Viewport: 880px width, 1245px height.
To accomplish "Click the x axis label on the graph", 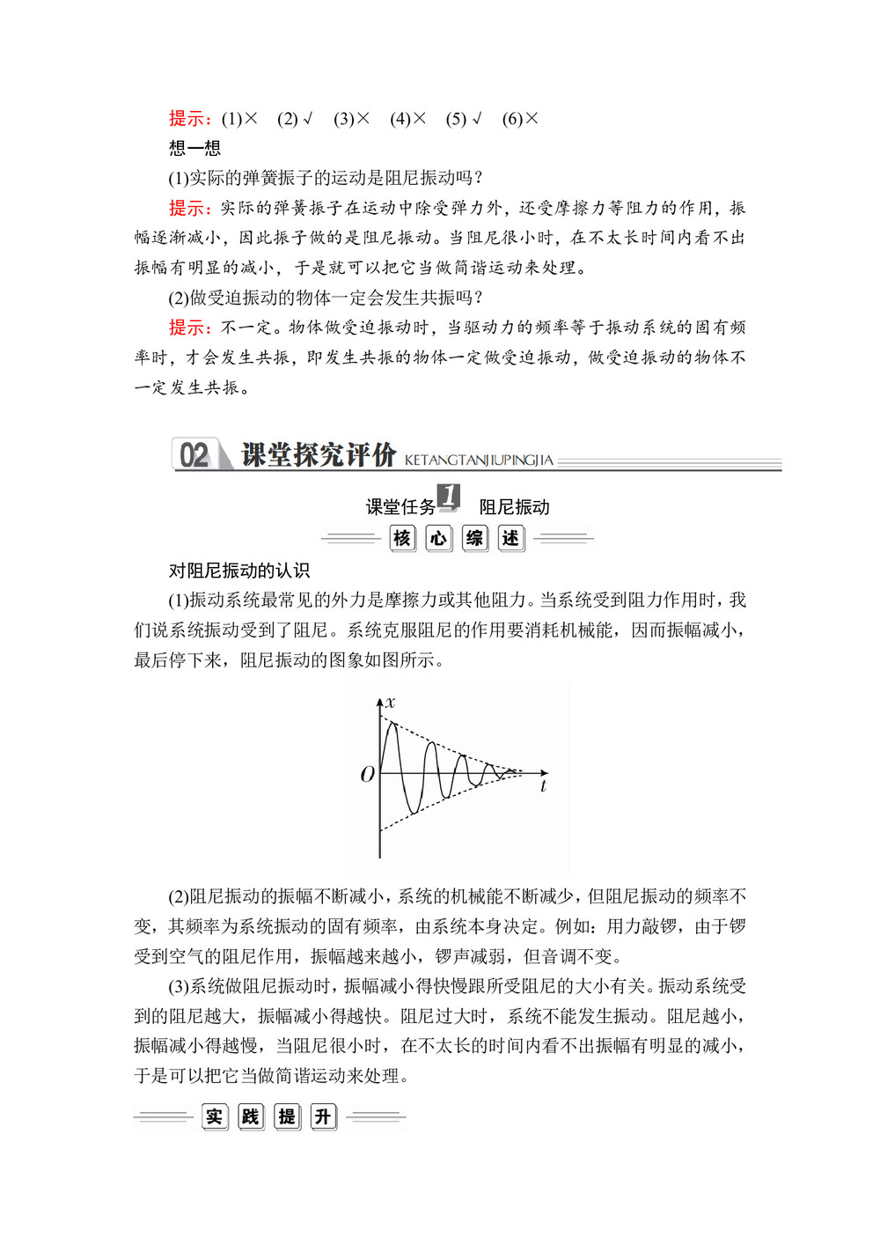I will pos(391,702).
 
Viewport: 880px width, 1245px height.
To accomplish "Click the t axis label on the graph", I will pos(543,786).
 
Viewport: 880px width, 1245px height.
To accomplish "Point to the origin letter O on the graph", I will pos(368,774).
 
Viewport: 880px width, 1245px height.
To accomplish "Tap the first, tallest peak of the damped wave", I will pos(391,723).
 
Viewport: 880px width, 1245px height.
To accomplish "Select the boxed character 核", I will pos(402,538).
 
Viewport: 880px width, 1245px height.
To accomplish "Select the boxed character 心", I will pos(438,538).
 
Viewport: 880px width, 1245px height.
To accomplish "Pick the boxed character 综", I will pos(475,538).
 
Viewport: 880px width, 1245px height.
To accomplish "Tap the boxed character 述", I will pos(511,538).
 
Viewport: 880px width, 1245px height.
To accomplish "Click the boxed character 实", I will pos(214,1116).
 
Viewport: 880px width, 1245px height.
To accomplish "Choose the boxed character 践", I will pos(251,1116).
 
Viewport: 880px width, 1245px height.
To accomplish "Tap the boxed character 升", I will pos(324,1116).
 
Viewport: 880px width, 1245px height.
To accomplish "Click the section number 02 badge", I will pos(194,454).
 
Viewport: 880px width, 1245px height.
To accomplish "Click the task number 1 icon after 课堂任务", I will pos(449,497).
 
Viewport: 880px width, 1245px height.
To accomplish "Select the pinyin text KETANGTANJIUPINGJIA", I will pos(479,460).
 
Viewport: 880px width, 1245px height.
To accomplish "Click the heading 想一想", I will pos(194,148).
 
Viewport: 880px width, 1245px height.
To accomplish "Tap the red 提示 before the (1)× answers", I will pos(189,119).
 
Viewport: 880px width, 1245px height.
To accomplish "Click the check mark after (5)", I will pos(477,119).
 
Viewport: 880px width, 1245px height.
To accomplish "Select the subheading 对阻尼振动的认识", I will pos(239,571).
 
